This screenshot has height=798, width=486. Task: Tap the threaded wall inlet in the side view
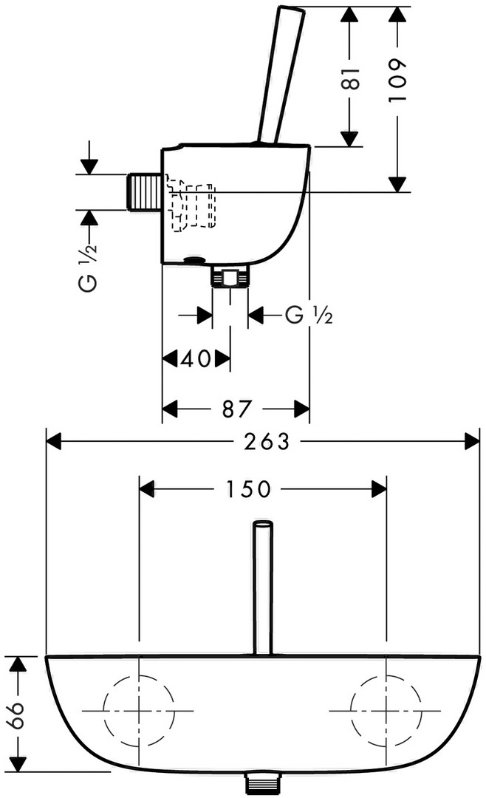coord(143,191)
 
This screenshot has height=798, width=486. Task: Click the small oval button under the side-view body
coord(196,259)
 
